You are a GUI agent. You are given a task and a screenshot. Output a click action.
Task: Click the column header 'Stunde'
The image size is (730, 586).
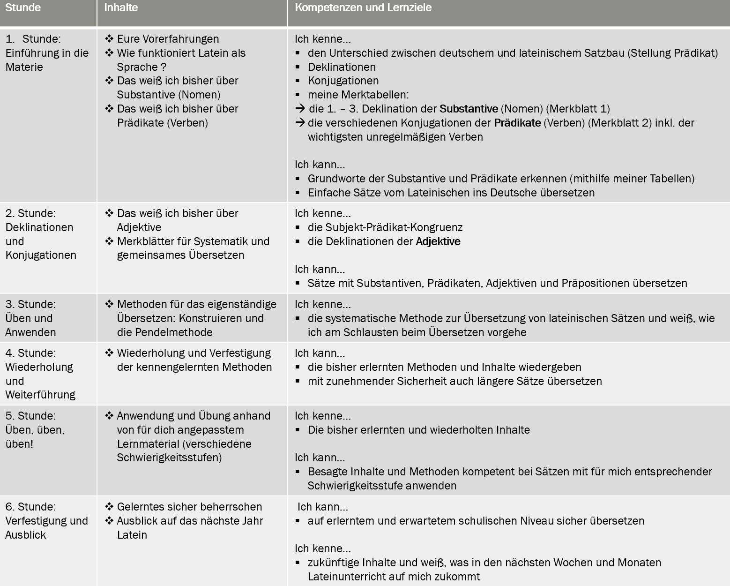tap(23, 8)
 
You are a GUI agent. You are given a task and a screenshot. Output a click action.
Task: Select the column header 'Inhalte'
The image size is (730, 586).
tap(121, 8)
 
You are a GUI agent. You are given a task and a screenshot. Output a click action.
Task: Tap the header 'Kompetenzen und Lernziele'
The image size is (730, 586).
tap(363, 8)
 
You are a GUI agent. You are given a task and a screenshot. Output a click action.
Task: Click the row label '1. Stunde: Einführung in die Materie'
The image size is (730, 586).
tap(47, 53)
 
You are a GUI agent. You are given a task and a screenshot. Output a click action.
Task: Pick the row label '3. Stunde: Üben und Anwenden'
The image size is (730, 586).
tap(30, 318)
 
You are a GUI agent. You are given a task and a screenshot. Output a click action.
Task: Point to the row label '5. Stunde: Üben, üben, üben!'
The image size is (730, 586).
tap(35, 430)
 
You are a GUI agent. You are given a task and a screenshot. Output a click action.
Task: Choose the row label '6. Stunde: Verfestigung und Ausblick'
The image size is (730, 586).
tap(46, 521)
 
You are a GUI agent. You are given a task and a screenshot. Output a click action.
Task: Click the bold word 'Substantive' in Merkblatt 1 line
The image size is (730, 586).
tap(469, 109)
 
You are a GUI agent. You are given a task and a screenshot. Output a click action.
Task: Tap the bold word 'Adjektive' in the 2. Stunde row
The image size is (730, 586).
tap(438, 241)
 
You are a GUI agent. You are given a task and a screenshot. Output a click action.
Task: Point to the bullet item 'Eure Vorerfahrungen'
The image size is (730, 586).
tap(168, 39)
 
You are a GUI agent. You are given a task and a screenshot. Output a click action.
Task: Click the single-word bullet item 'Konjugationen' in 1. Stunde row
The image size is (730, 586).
tap(343, 81)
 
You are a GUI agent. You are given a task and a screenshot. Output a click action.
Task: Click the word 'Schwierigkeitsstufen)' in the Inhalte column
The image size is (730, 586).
tap(169, 458)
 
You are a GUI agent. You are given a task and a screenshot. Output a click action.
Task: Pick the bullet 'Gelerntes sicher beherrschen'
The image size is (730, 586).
tap(189, 507)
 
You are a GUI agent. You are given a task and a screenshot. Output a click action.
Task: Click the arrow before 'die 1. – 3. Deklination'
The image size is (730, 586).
tap(300, 109)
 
